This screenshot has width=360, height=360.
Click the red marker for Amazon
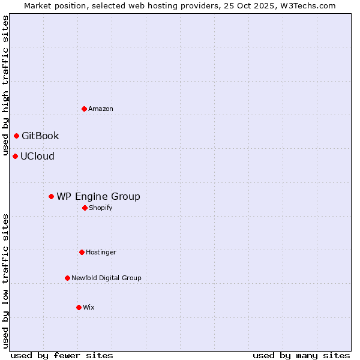pos(84,109)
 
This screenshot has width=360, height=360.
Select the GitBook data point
pos(16,136)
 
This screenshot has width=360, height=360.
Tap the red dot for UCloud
pos(15,156)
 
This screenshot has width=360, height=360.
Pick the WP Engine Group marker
pos(51,196)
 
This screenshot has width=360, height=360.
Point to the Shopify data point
pos(85,208)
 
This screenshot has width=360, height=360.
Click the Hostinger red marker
pos(82,252)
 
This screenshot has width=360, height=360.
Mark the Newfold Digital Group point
pos(67,278)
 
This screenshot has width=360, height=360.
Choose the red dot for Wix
pos(79,307)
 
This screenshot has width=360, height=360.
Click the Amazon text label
pos(101,109)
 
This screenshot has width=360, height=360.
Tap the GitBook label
pos(40,136)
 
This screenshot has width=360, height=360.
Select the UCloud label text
pos(37,156)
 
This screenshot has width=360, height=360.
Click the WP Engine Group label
pos(98,196)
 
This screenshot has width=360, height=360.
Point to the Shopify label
pos(100,208)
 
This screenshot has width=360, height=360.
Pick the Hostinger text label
pos(101,252)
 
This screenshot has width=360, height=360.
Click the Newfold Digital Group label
pos(106,278)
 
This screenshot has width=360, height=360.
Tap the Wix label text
pos(88,307)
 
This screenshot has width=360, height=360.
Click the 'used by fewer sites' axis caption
pos(62,355)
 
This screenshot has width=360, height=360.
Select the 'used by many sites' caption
pos(301,355)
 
